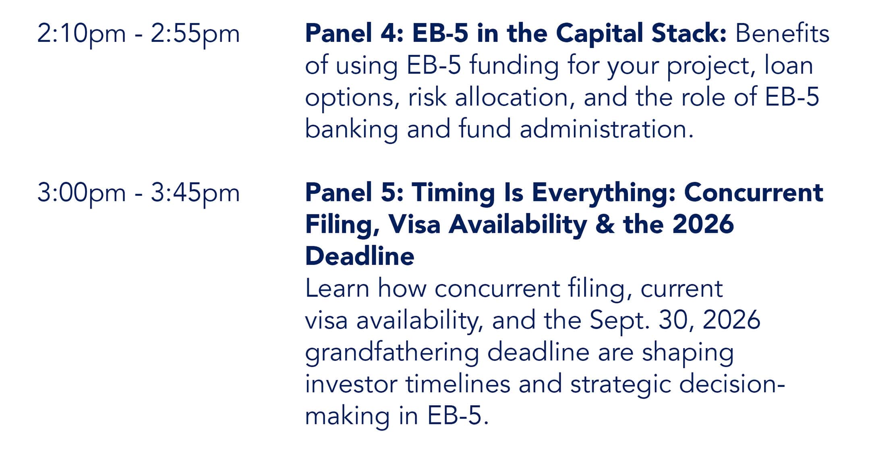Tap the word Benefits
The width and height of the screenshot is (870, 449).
(x=783, y=33)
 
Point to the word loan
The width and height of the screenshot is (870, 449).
(x=789, y=65)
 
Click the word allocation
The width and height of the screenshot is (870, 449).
(x=512, y=97)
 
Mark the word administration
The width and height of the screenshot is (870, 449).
(x=607, y=129)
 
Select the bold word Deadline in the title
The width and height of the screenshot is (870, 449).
(x=360, y=256)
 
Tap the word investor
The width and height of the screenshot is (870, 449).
(x=351, y=384)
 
